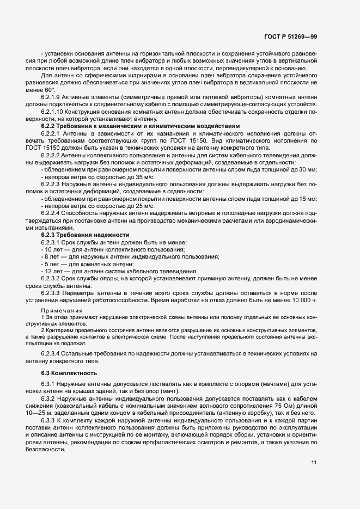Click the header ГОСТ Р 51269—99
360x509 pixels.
point(295,35)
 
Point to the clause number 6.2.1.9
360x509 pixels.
point(52,96)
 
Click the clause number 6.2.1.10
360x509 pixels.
point(53,111)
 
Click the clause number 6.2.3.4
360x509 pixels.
point(51,353)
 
